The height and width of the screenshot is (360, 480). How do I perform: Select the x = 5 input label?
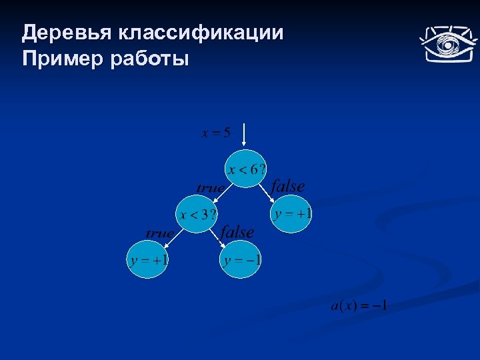[216, 132]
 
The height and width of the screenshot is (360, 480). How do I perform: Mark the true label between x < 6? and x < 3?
[210, 188]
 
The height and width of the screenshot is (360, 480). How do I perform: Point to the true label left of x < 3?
[160, 233]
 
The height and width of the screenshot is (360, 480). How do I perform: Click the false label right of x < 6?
[288, 187]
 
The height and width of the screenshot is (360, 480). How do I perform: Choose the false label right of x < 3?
[237, 232]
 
